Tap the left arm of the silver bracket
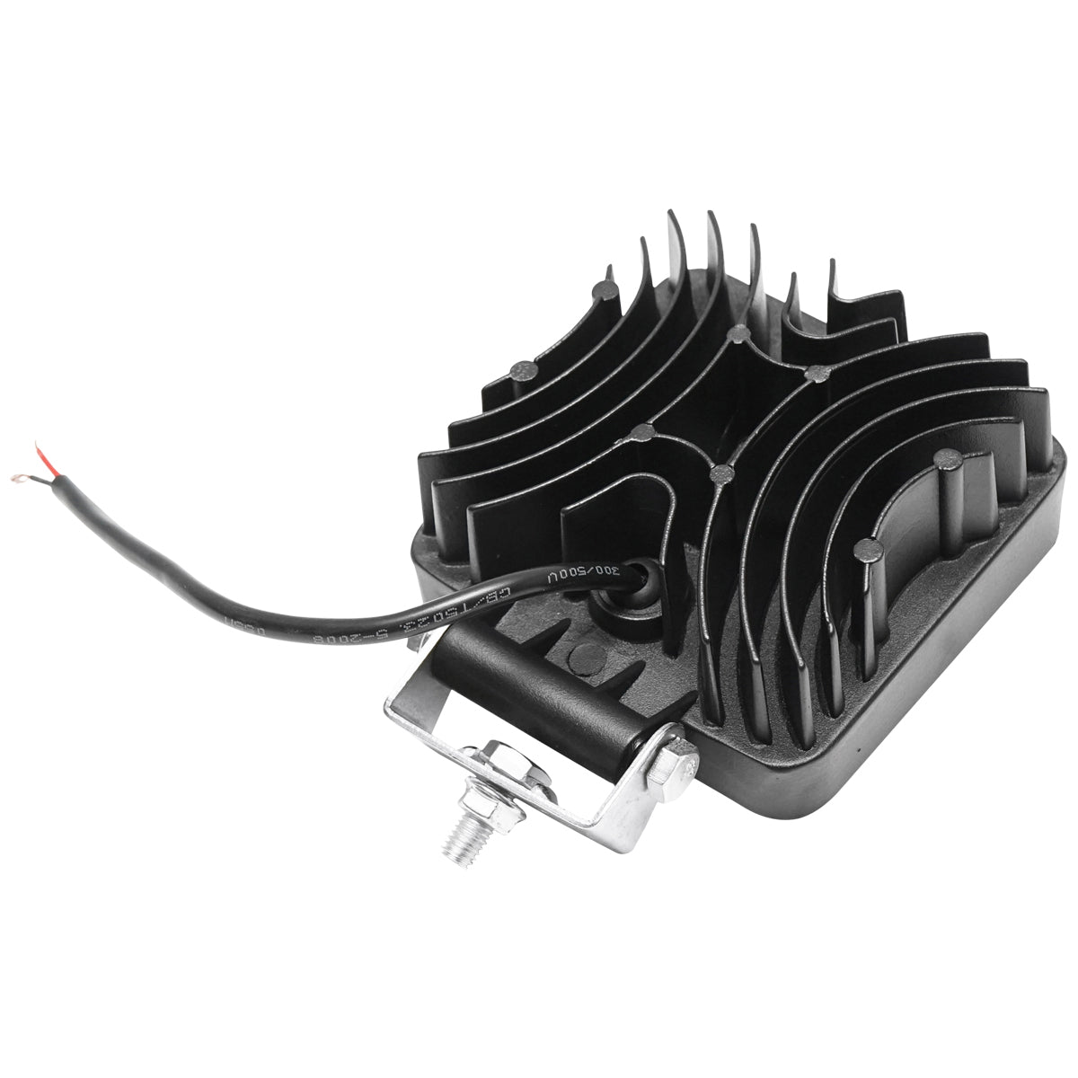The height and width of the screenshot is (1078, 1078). click(413, 714)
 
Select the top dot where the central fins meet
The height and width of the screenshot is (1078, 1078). click(738, 336)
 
